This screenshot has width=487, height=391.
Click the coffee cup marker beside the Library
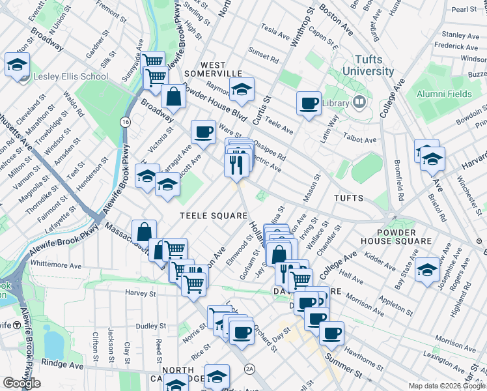tap(309, 102)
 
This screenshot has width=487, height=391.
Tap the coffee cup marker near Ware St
tap(203, 132)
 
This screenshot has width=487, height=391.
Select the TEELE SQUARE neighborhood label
tap(214, 216)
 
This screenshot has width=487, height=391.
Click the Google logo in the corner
tap(21, 383)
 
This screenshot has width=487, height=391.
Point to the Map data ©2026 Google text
tap(445, 385)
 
